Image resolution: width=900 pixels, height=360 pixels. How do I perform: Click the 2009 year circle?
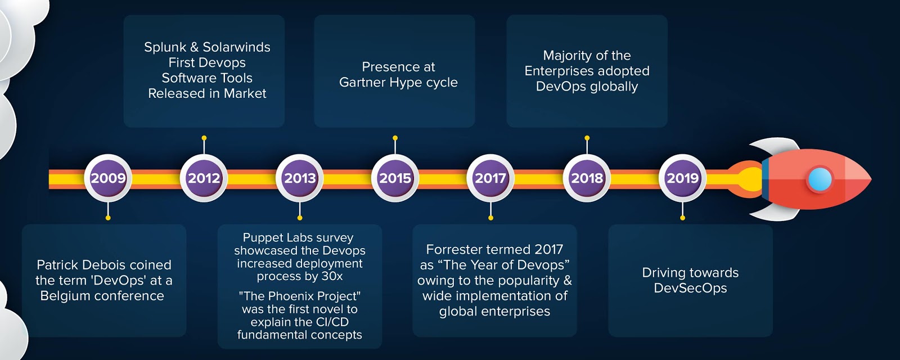(x=108, y=178)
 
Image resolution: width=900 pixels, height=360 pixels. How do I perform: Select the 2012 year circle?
(x=204, y=178)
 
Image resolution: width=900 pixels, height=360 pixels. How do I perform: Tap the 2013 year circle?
(x=300, y=178)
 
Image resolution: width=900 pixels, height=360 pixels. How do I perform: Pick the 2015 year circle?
(x=395, y=178)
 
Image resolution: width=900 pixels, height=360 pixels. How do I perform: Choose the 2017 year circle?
(x=491, y=178)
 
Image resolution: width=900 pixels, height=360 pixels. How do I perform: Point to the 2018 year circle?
(x=587, y=178)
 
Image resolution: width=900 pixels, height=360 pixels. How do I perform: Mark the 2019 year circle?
(x=682, y=178)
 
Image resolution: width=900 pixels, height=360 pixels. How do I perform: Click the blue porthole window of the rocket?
(x=819, y=179)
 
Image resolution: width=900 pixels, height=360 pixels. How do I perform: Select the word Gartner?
(x=362, y=83)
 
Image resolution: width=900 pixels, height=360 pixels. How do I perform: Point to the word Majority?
(x=568, y=56)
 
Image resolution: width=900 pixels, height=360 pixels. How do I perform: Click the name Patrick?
(x=58, y=265)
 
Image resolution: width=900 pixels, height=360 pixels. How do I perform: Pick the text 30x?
(x=331, y=276)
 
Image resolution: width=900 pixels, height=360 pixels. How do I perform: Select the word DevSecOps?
(x=690, y=289)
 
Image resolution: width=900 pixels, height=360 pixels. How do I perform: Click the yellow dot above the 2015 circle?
(x=395, y=138)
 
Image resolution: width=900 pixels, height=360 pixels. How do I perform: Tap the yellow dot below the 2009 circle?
(x=108, y=218)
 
